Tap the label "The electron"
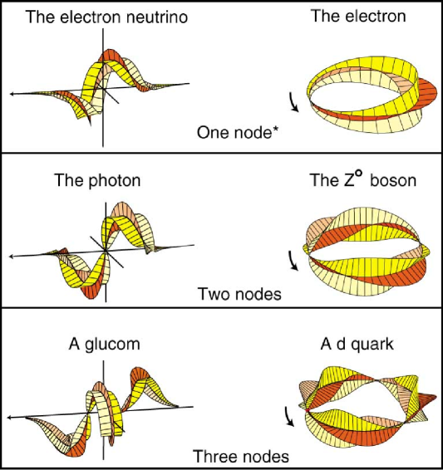pyautogui.click(x=358, y=17)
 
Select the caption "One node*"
pyautogui.click(x=236, y=131)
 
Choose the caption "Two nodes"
pyautogui.click(x=239, y=293)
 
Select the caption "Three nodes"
pyautogui.click(x=240, y=455)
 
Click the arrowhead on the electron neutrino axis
pyautogui.click(x=12, y=95)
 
